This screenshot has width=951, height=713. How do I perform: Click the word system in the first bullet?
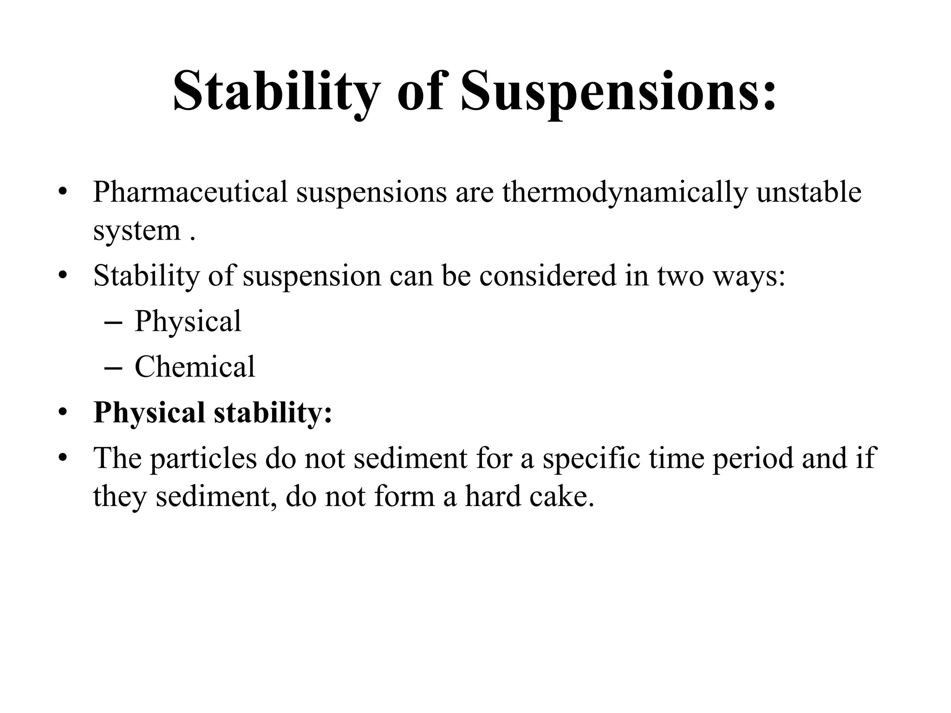click(137, 231)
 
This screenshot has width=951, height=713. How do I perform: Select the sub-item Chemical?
click(195, 367)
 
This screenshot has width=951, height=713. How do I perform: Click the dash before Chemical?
click(113, 368)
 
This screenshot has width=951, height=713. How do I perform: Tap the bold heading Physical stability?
click(213, 412)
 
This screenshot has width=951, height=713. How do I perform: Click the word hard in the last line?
click(492, 496)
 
